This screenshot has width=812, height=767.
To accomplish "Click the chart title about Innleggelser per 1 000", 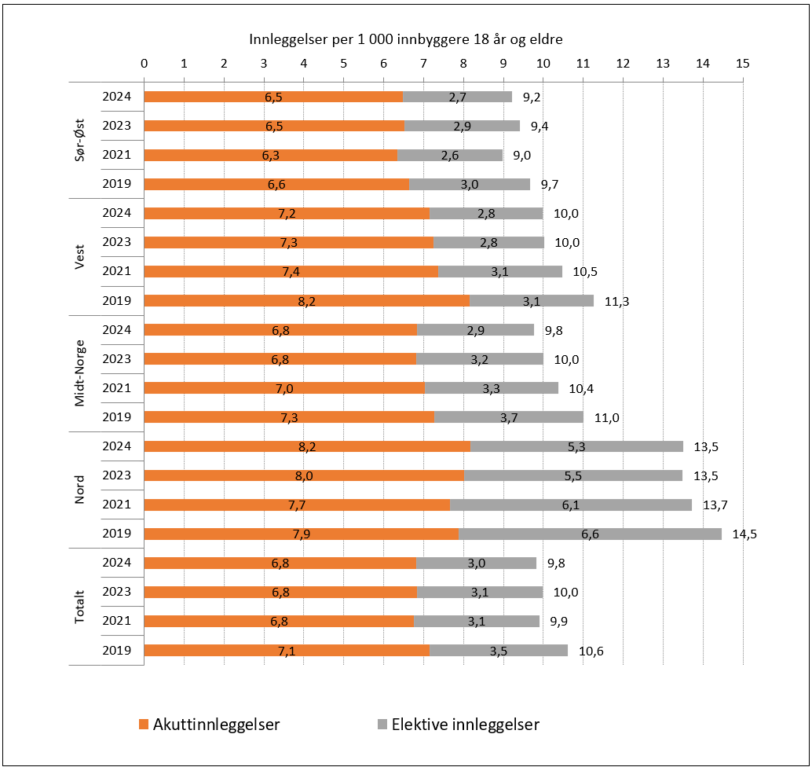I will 405,39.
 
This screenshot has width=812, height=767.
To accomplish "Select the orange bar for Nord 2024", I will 306,446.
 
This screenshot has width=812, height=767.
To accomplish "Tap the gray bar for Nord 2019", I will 589,534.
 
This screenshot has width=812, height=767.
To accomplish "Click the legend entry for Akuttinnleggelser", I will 209,724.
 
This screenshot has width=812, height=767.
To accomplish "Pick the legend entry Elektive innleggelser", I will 457,724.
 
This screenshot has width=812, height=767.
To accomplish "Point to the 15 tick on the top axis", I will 742,63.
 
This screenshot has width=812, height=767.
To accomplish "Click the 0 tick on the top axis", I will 144,63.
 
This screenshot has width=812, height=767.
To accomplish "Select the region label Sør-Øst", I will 79,141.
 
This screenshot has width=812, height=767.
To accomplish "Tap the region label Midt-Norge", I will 79,373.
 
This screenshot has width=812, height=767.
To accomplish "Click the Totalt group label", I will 79,607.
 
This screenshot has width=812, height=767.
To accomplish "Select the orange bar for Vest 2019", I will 306,300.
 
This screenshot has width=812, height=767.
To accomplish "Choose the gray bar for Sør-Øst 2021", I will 449,155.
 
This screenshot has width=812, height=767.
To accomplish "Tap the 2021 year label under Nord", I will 116,505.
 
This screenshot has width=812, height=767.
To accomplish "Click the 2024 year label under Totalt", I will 116,563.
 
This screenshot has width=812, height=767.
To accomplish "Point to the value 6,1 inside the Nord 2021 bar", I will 572,505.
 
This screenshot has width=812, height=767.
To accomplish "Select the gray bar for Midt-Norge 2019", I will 509,417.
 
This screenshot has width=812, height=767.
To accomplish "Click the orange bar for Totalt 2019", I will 287,650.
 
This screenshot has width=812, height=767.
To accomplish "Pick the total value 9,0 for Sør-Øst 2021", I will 521,156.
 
